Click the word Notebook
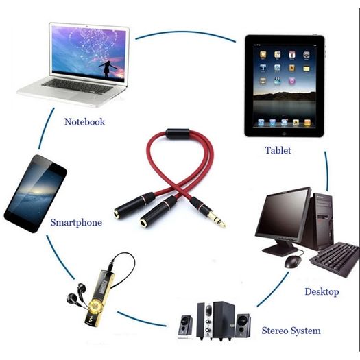pos(84,121)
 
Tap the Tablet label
pos(278,150)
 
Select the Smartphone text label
pos(76,222)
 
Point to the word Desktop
pos(322,291)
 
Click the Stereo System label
pos(291,331)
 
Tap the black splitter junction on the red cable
pos(178,134)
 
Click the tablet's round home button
pos(285,133)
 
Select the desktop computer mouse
pos(293,261)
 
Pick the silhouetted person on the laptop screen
pos(108,69)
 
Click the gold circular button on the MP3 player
pos(95,307)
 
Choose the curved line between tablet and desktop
pos(326,171)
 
